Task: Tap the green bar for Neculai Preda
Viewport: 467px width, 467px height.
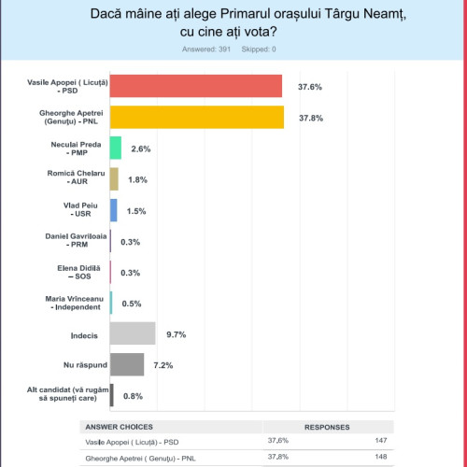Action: (116, 148)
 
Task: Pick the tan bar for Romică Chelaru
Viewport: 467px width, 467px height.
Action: (114, 178)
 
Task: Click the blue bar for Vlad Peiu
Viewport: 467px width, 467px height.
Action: (114, 209)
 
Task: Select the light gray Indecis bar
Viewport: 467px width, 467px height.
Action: (133, 333)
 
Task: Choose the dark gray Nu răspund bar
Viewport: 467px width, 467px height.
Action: (127, 364)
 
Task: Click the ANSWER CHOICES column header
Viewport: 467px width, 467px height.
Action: (119, 427)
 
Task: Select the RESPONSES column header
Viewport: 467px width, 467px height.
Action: (327, 427)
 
